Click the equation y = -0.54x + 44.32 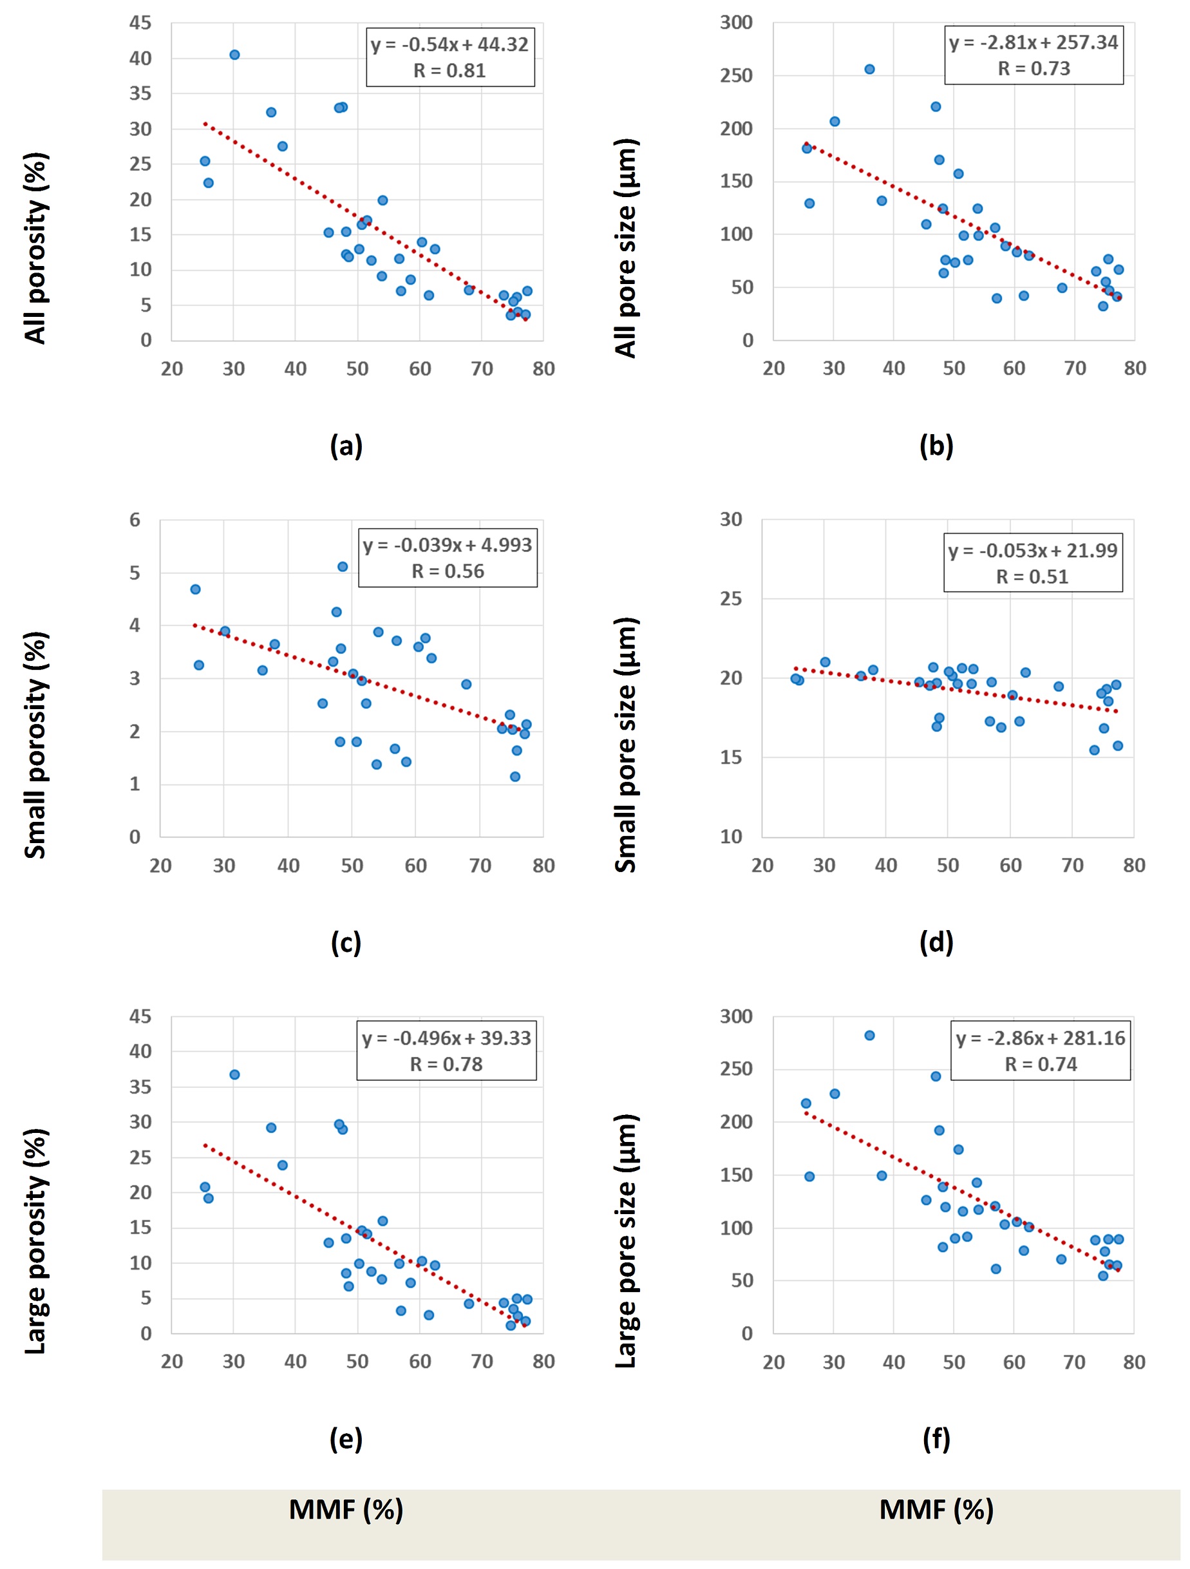(x=449, y=44)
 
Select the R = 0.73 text (x=1034, y=69)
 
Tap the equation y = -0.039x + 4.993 (x=448, y=545)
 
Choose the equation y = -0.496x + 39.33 (x=446, y=1038)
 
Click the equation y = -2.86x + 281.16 (x=1041, y=1038)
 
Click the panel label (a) (x=346, y=446)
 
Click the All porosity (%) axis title (x=35, y=248)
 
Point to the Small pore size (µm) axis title (x=625, y=744)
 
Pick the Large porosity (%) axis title (x=35, y=1241)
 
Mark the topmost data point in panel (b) (x=869, y=69)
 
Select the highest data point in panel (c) (x=343, y=566)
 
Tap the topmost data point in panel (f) (x=869, y=1035)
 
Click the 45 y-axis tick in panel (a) (x=140, y=23)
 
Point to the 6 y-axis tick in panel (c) (x=135, y=520)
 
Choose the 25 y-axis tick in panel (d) (x=731, y=598)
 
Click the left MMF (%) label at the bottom (x=346, y=1509)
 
